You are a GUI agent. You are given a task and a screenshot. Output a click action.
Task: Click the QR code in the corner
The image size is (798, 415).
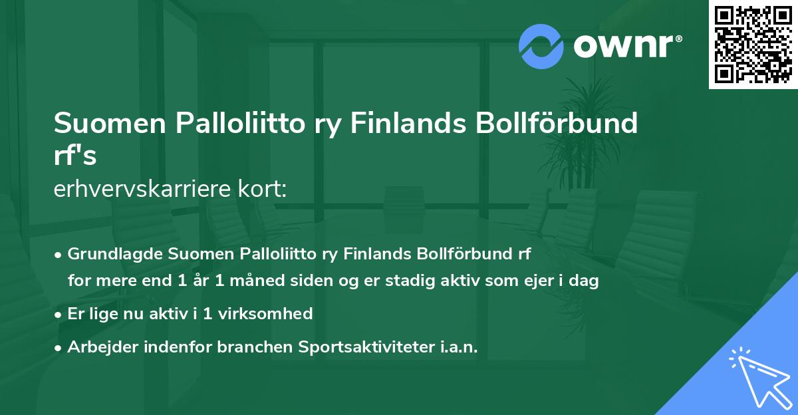point(753,44)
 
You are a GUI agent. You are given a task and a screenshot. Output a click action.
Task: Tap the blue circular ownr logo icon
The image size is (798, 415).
point(541,46)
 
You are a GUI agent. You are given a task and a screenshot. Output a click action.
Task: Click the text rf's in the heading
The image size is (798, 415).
point(75,156)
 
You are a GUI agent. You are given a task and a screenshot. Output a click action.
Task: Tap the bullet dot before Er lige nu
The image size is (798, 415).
point(59,314)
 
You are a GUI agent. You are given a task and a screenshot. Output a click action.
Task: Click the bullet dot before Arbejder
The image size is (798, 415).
point(59,347)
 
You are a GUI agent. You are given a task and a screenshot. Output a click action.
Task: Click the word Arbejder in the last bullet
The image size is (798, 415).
point(98,346)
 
